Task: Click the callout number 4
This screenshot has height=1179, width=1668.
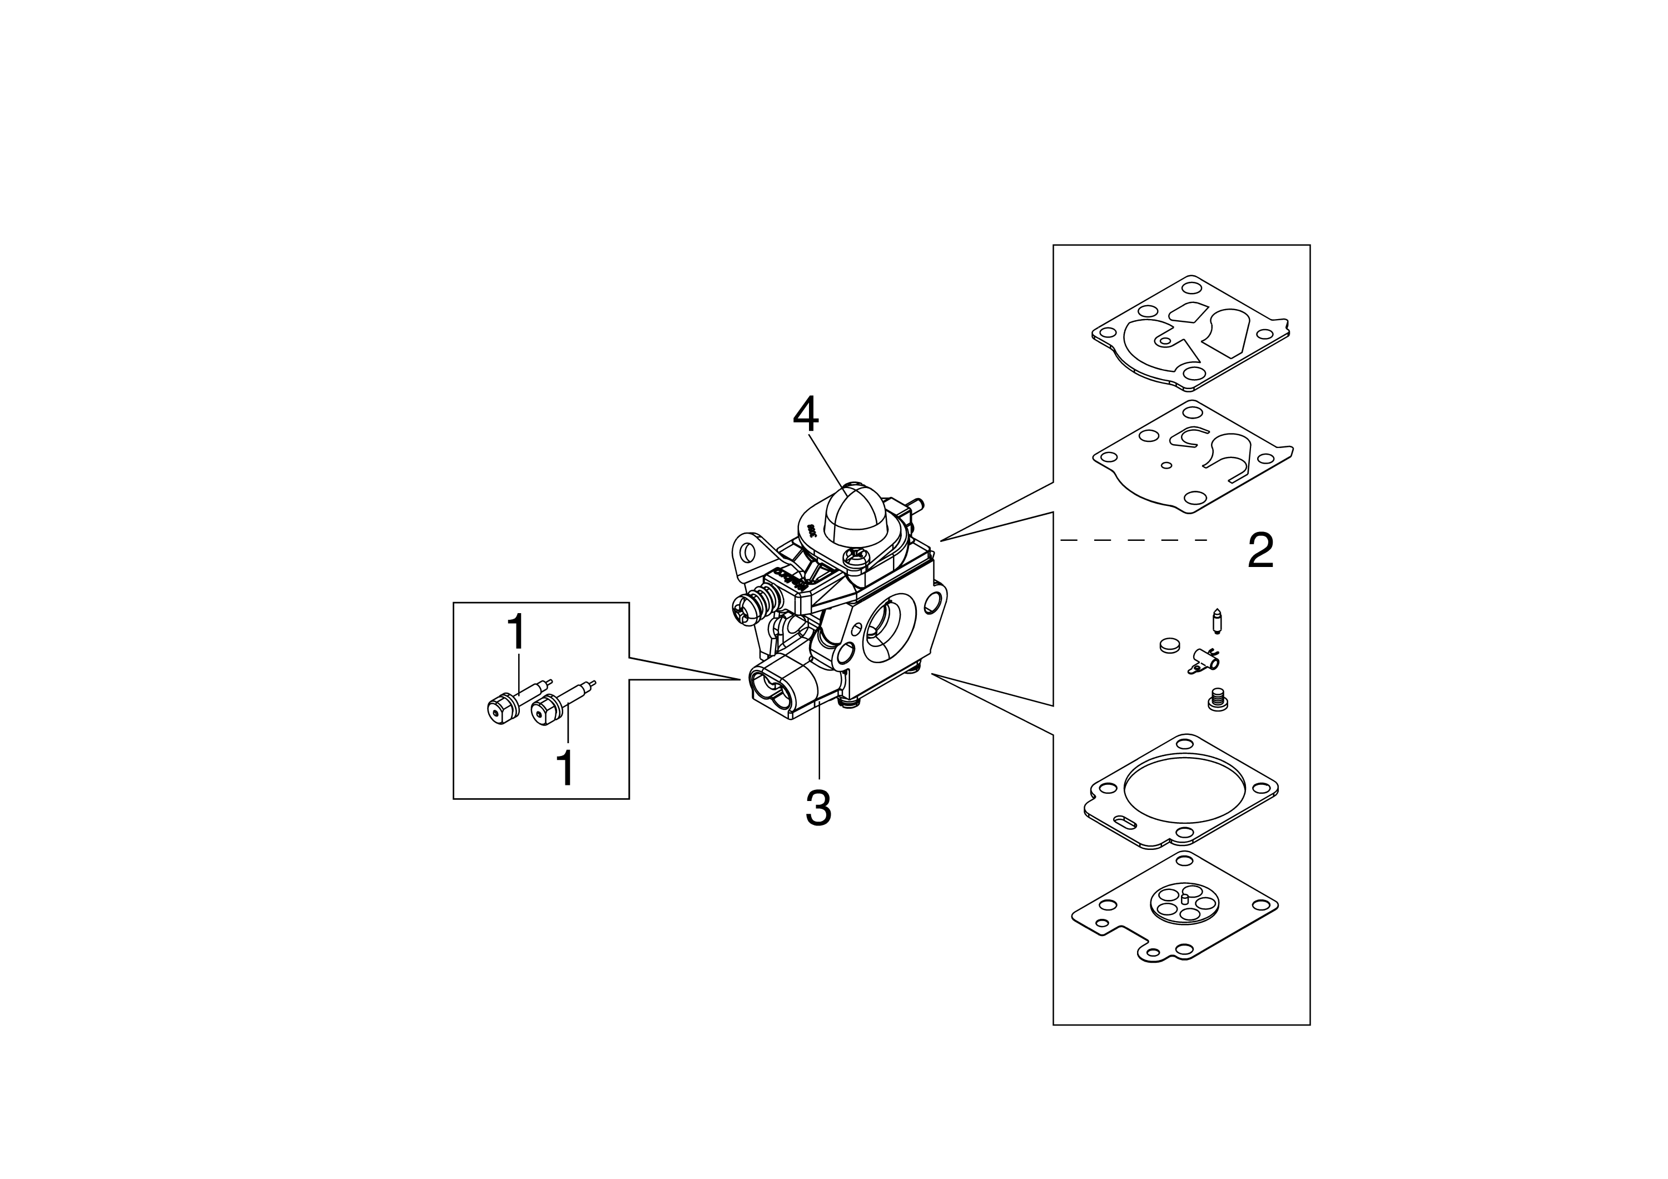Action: (x=806, y=415)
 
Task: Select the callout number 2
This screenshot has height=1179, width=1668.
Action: (x=1260, y=551)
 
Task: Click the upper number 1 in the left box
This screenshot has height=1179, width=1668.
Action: (x=517, y=632)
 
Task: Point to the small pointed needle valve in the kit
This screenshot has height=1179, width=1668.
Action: (x=1218, y=621)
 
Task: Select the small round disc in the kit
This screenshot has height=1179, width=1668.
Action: (x=1169, y=645)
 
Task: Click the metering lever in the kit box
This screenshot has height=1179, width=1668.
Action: (x=1202, y=661)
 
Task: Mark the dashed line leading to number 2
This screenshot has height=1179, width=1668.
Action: (x=1133, y=540)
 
